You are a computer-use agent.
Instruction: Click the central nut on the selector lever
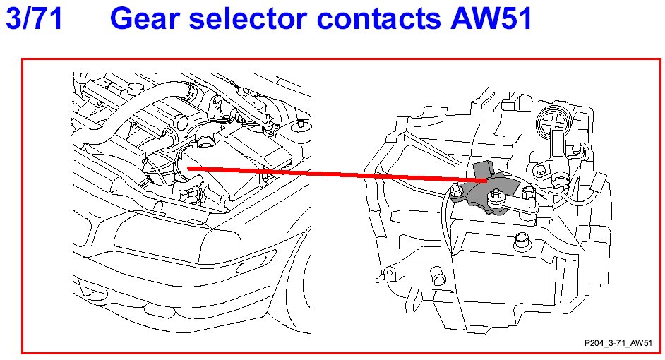click(x=502, y=205)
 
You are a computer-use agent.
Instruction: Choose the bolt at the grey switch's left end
click(x=456, y=191)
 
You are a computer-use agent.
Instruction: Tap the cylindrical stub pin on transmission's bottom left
click(x=438, y=282)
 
